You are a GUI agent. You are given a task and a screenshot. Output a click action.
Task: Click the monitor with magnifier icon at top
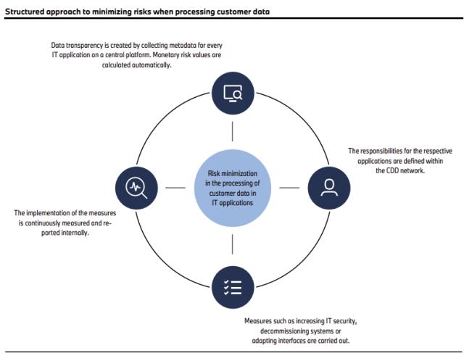pos(232,94)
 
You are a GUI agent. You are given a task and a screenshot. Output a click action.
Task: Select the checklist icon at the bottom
pos(232,286)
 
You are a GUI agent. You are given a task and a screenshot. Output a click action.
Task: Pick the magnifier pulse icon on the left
pos(136,188)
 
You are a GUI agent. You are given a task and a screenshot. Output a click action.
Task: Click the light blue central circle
pos(232,188)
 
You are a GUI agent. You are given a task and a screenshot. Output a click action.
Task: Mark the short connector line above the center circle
pos(232,131)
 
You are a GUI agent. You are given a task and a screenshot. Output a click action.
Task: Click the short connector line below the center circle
pos(232,244)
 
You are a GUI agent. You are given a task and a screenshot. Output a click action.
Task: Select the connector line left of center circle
pos(175,188)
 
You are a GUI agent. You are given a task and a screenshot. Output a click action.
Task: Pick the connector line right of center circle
pos(289,188)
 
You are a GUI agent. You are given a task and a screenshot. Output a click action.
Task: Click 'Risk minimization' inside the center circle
pos(232,174)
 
